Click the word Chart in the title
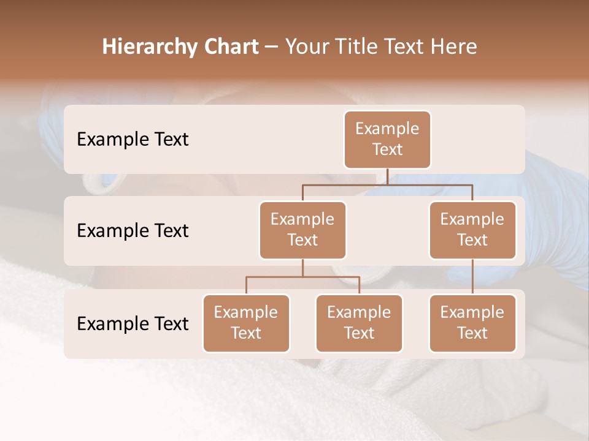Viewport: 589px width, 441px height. (x=228, y=47)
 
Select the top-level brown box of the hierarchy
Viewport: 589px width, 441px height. (x=387, y=140)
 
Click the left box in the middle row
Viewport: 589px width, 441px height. (x=302, y=230)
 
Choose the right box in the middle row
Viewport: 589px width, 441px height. (x=472, y=230)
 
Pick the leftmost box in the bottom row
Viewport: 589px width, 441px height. (x=246, y=323)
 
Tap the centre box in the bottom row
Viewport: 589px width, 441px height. (x=359, y=323)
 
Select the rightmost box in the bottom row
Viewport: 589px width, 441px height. (x=472, y=323)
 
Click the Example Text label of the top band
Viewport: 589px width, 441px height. (x=133, y=140)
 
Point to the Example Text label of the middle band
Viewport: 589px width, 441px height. (x=133, y=231)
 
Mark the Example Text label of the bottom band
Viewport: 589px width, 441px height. (x=133, y=324)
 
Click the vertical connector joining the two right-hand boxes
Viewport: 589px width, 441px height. (x=472, y=277)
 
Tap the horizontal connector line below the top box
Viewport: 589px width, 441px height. (x=387, y=184)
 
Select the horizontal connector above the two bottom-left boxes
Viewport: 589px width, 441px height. (x=302, y=277)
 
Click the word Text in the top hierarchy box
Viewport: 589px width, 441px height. (x=387, y=149)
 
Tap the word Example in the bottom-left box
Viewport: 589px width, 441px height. (x=246, y=312)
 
